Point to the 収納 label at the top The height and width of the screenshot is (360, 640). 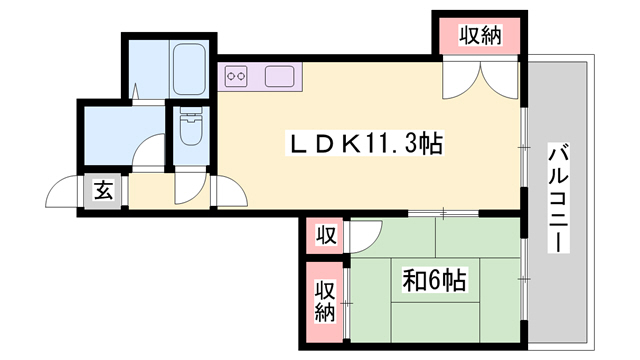[x=480, y=37]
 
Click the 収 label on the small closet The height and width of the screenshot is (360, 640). [x=325, y=236]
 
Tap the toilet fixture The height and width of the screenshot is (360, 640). [x=190, y=127]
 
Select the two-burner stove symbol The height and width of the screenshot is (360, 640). [x=237, y=75]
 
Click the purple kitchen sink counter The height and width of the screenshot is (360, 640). [x=278, y=75]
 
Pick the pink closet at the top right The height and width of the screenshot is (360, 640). [x=480, y=37]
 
